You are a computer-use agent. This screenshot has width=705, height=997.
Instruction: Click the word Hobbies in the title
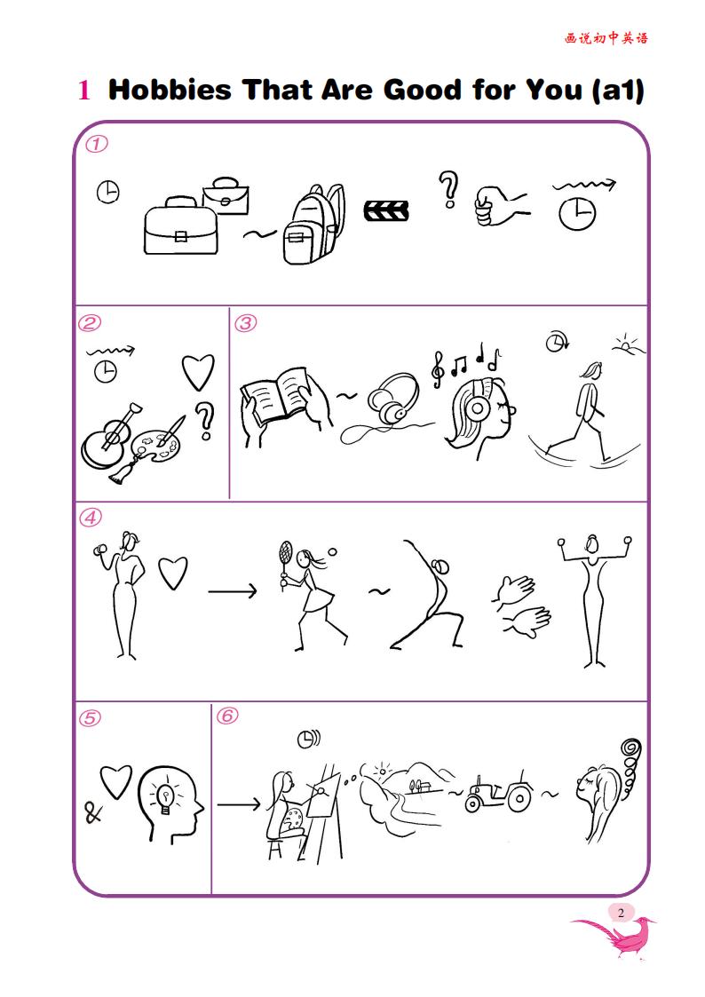click(x=170, y=90)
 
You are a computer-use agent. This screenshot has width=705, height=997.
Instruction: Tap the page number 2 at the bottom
click(x=621, y=913)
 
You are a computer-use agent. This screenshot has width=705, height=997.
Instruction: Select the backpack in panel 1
click(x=313, y=225)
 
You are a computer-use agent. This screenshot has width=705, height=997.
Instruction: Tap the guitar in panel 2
click(x=109, y=436)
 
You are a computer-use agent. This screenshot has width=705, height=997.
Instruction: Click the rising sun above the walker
click(x=628, y=344)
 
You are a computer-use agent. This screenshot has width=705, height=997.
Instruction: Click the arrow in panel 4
click(x=233, y=591)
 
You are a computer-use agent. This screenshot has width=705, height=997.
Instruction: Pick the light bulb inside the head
click(x=166, y=797)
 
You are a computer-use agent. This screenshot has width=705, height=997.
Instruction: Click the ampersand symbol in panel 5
click(x=93, y=812)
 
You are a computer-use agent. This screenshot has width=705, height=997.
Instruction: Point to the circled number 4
click(x=91, y=518)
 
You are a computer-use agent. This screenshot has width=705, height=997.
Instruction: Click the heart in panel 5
click(x=115, y=781)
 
